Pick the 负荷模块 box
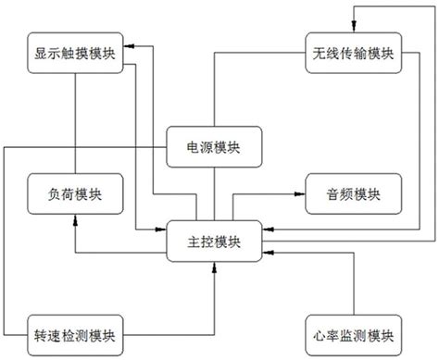71,193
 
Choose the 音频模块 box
352,193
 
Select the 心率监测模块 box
352,333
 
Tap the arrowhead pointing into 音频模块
300,194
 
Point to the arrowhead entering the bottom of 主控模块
215,267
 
